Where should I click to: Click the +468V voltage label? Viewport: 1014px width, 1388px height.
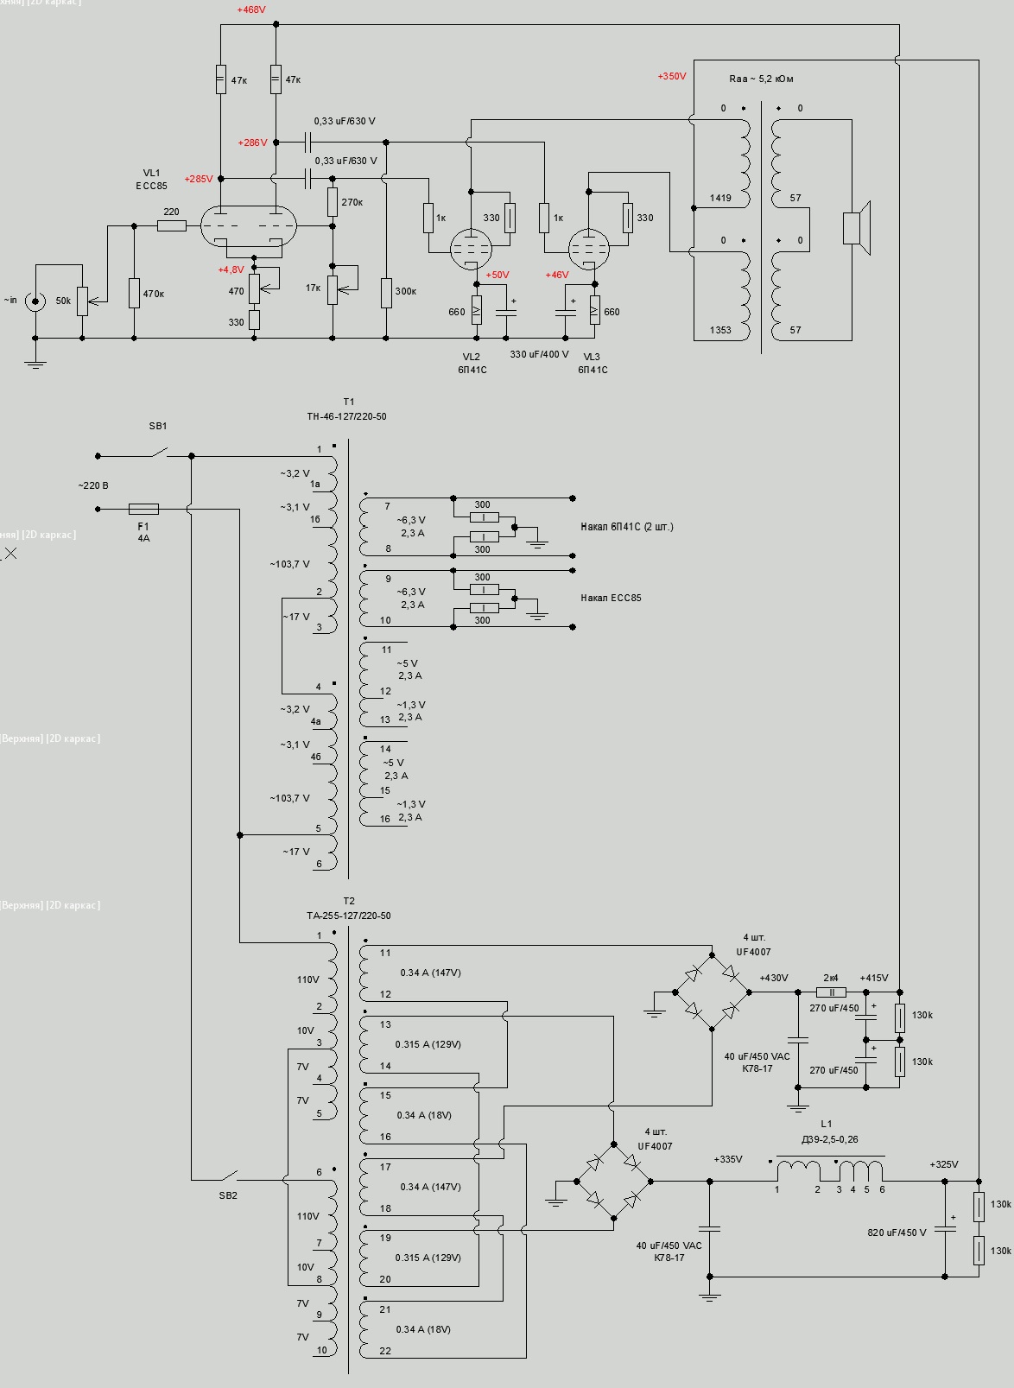[251, 10]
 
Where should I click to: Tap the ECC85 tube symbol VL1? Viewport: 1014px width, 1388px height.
[248, 227]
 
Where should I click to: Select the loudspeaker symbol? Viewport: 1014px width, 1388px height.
[856, 228]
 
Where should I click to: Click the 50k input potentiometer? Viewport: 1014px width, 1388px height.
[82, 301]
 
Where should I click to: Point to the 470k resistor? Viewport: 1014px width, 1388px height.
[134, 294]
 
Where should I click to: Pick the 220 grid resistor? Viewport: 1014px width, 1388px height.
[172, 226]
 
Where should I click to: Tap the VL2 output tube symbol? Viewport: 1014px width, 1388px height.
[472, 250]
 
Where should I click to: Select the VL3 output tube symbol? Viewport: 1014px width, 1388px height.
[589, 250]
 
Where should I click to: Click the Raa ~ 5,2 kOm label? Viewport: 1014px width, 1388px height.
[761, 79]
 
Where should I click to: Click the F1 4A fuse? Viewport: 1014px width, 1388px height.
[143, 510]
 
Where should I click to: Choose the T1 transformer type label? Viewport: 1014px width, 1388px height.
[346, 416]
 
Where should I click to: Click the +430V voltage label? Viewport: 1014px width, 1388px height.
[774, 978]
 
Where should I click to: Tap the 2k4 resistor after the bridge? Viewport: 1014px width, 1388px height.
[831, 992]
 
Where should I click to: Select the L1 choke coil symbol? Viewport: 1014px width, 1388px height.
[829, 1170]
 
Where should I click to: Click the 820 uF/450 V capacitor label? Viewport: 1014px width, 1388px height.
[897, 1233]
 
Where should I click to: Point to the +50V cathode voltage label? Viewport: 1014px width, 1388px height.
[497, 275]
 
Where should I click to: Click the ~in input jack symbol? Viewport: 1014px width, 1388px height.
[35, 301]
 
